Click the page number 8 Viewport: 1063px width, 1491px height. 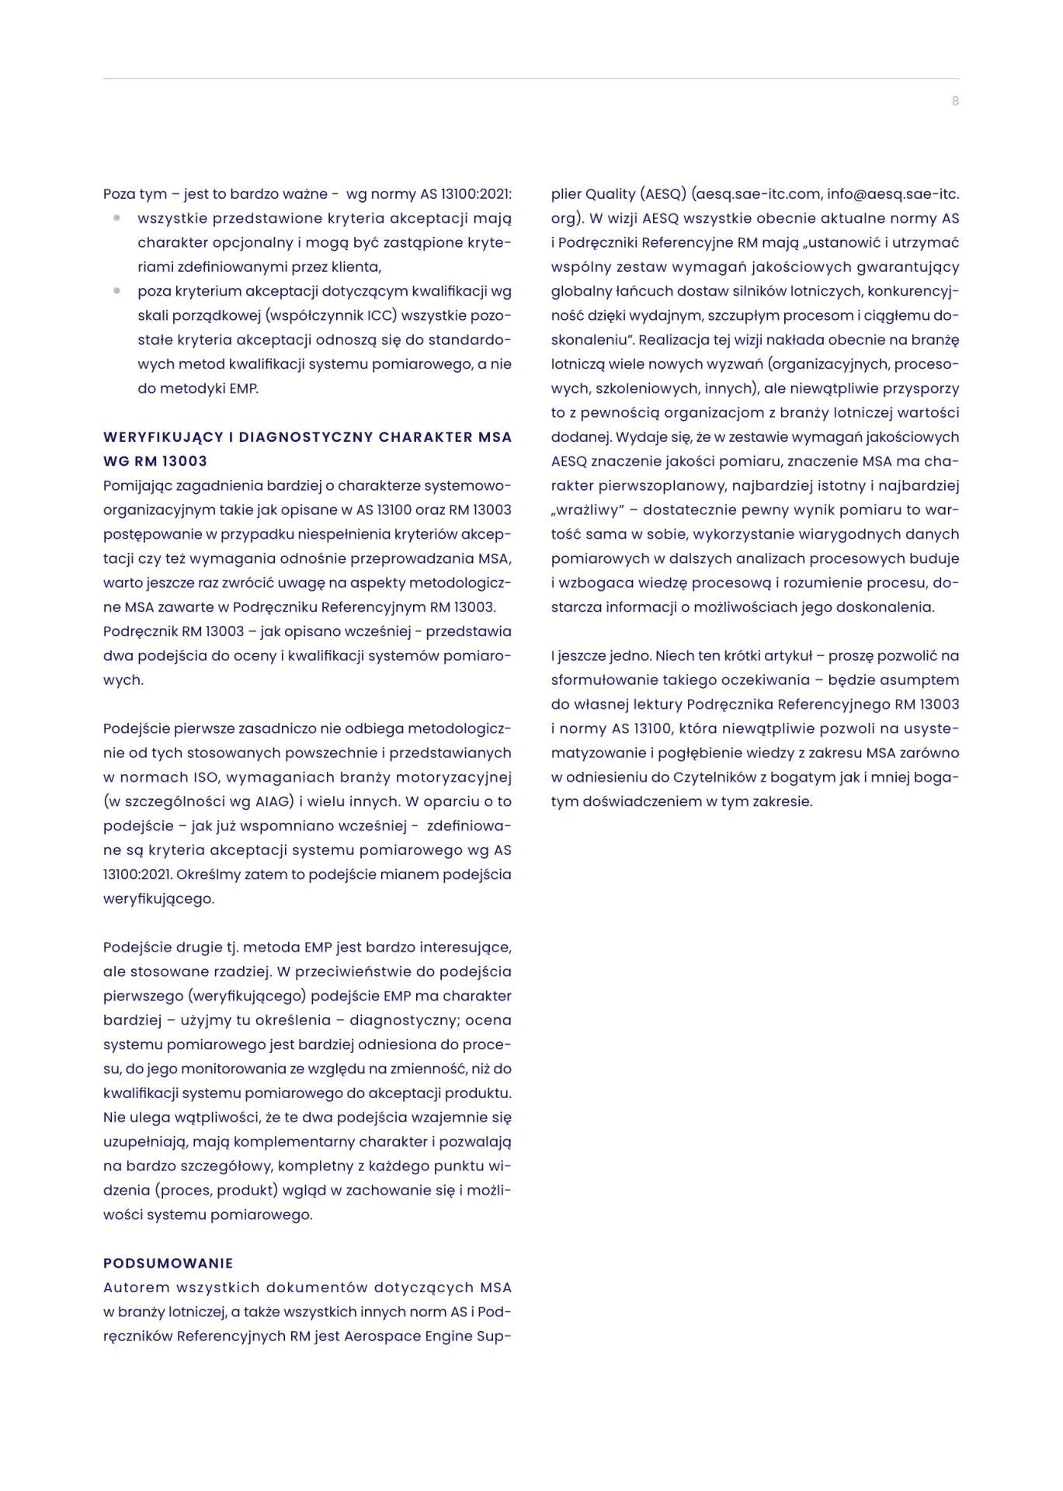(x=955, y=101)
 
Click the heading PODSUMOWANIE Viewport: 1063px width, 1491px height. (x=168, y=1263)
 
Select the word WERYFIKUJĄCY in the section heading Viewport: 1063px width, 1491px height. (x=163, y=437)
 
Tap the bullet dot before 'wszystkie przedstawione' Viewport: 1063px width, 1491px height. (x=117, y=218)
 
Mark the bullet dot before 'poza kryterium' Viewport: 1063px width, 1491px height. (x=117, y=291)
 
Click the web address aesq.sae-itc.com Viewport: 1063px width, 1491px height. (x=759, y=194)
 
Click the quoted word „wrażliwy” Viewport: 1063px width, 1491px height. (x=588, y=510)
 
